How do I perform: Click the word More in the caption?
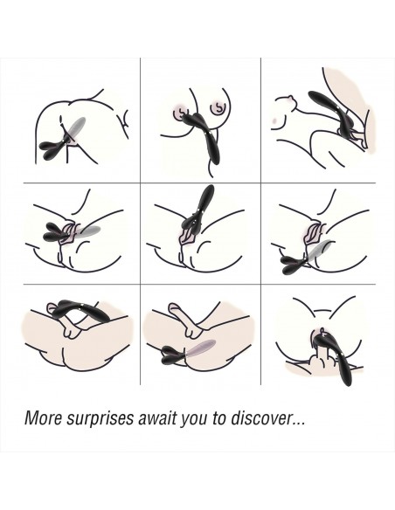click(x=43, y=418)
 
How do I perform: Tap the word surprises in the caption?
click(x=100, y=419)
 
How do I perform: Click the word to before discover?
click(x=219, y=418)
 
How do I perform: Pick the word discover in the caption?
click(x=260, y=418)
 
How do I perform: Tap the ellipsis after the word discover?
click(x=298, y=424)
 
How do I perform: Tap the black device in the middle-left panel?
click(x=56, y=232)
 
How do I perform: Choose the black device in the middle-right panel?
click(x=294, y=265)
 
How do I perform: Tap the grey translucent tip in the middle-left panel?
click(x=87, y=232)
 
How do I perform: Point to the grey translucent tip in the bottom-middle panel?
click(x=200, y=348)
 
